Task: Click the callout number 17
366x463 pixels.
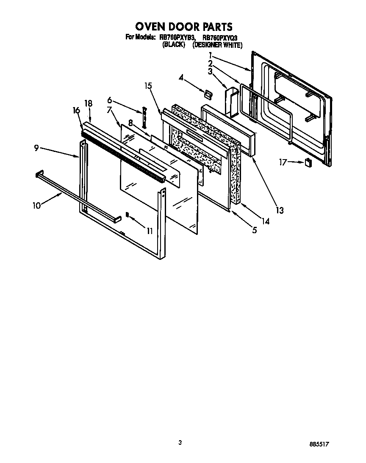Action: pyautogui.click(x=282, y=161)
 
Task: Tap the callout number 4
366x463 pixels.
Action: pyautogui.click(x=181, y=77)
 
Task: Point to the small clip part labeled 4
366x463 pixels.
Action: pyautogui.click(x=207, y=93)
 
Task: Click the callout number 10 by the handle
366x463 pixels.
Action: pyautogui.click(x=36, y=206)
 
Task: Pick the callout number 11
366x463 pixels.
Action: pyautogui.click(x=150, y=231)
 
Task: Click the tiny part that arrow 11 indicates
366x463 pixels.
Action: pyautogui.click(x=127, y=215)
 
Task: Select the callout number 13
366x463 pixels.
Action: pyautogui.click(x=279, y=210)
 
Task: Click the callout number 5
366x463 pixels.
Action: pyautogui.click(x=255, y=231)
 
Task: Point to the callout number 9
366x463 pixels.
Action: pyautogui.click(x=36, y=148)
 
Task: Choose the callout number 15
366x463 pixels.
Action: pyautogui.click(x=148, y=86)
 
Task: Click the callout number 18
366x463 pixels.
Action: pyautogui.click(x=88, y=103)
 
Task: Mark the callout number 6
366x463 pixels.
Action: pyautogui.click(x=109, y=100)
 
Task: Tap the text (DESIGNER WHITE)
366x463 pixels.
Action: pyautogui.click(x=217, y=44)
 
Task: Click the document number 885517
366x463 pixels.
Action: pyautogui.click(x=319, y=445)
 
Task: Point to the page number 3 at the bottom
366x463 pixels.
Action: pyautogui.click(x=180, y=443)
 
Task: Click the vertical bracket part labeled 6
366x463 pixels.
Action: pyautogui.click(x=144, y=117)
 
